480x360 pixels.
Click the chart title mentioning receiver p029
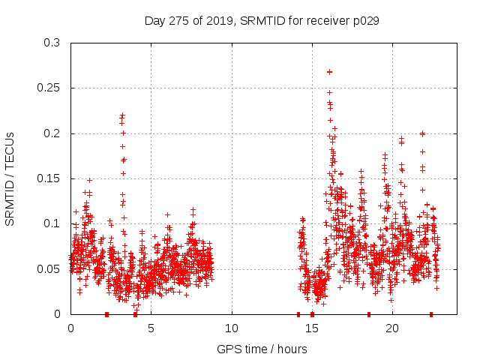262,21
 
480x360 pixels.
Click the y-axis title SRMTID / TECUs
10,178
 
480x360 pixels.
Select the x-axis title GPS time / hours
262,349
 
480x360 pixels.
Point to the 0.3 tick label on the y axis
52,43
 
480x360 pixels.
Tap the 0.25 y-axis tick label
49,88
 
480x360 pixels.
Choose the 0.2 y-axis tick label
52,133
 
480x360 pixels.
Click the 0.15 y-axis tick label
49,178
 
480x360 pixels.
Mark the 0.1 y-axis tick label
52,223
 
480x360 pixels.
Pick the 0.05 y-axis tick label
49,268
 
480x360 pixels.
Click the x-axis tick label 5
151,328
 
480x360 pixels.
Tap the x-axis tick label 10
232,328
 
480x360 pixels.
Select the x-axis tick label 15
312,328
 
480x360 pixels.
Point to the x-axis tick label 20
392,328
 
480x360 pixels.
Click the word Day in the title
154,21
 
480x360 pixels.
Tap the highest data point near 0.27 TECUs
329,72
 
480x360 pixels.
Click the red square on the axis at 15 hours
312,314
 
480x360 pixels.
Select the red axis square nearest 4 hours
135,314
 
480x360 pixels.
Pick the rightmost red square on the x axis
431,314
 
